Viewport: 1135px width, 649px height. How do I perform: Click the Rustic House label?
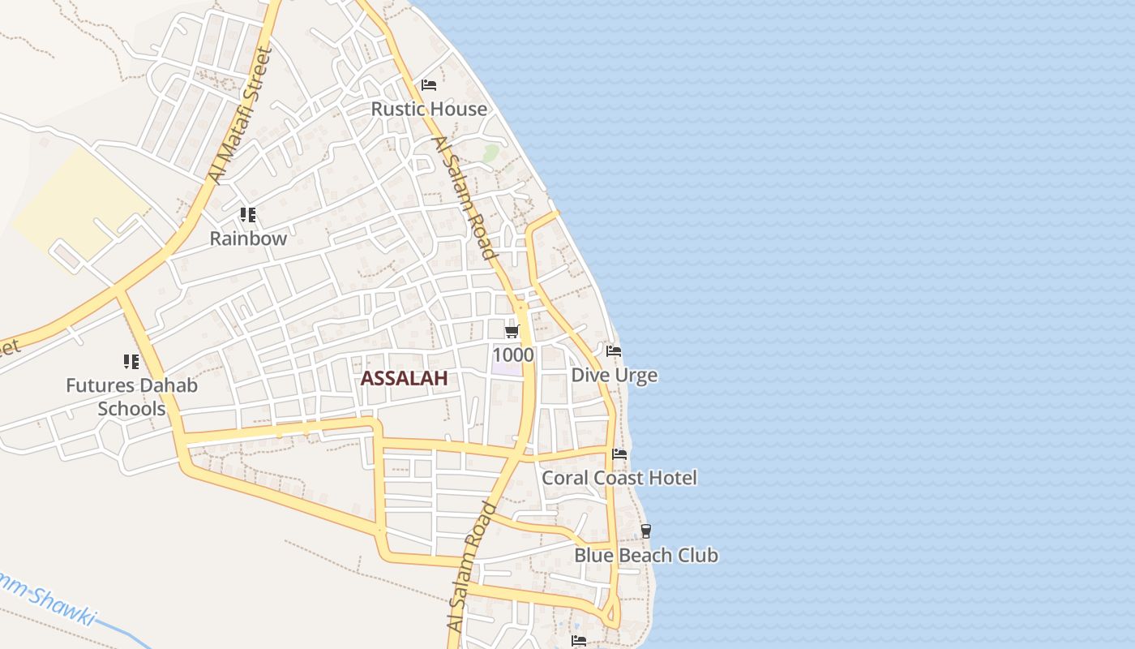[x=429, y=109]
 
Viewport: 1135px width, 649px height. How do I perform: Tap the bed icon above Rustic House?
[x=429, y=84]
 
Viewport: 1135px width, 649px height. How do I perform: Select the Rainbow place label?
[x=248, y=239]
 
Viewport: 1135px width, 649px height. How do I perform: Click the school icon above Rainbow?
[x=248, y=215]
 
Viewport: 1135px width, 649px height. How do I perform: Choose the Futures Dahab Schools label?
[x=131, y=397]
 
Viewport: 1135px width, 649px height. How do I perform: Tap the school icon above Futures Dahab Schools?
[x=131, y=361]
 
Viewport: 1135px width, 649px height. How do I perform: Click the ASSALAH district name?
[x=404, y=378]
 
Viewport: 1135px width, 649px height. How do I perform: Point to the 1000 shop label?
[x=512, y=355]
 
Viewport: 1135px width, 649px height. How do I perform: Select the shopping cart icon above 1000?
[x=512, y=331]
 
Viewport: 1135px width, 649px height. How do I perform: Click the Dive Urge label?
[x=614, y=375]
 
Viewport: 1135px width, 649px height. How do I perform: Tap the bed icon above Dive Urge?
[x=614, y=351]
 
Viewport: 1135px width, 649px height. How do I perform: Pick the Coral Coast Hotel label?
[x=619, y=478]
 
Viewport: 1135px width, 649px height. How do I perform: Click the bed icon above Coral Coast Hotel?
[x=619, y=453]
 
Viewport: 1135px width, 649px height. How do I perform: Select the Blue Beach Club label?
[x=646, y=556]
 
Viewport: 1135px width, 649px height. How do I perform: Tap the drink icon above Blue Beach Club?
[x=645, y=531]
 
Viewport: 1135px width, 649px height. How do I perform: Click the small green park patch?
[x=490, y=153]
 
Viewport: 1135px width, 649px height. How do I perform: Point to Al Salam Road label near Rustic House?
[x=464, y=197]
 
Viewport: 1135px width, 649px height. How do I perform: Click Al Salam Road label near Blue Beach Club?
[x=472, y=566]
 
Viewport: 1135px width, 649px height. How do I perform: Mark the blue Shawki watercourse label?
[x=49, y=600]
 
